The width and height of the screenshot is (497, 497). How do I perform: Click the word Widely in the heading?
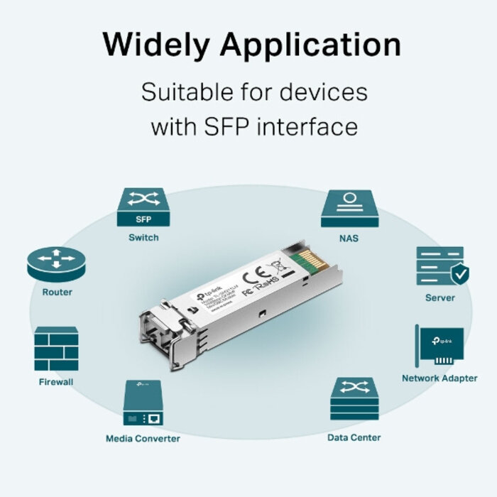click(x=155, y=44)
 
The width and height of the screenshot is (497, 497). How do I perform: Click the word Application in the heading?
click(x=310, y=45)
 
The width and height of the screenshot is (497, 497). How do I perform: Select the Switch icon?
click(x=143, y=208)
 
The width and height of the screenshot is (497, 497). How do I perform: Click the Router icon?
click(x=55, y=265)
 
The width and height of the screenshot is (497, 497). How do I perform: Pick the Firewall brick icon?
click(x=55, y=349)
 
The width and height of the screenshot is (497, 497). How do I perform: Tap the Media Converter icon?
click(x=143, y=403)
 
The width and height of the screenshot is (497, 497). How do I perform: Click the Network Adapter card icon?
click(x=439, y=346)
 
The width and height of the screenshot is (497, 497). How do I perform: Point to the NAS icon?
click(x=349, y=208)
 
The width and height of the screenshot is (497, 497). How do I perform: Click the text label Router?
click(x=57, y=292)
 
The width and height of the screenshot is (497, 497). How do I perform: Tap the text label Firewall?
click(x=56, y=382)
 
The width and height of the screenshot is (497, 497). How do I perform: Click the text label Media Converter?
click(x=143, y=438)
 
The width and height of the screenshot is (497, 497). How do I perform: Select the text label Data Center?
click(x=354, y=437)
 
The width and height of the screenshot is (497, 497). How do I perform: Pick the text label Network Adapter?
click(x=439, y=378)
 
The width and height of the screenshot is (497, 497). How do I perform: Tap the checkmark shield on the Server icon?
click(x=460, y=273)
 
